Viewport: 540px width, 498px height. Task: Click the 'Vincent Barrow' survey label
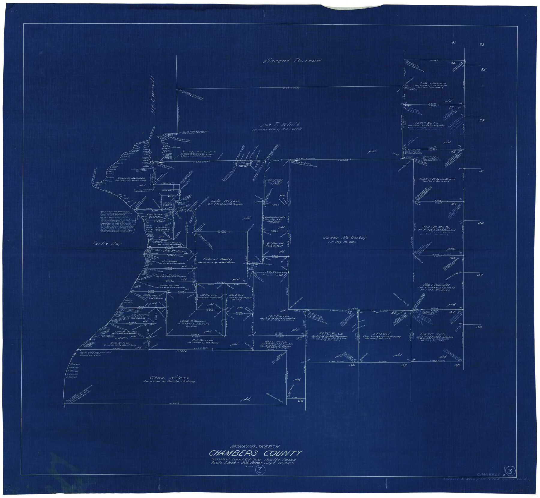click(292, 61)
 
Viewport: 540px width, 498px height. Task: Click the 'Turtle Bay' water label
click(107, 243)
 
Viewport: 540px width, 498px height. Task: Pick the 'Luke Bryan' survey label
click(225, 201)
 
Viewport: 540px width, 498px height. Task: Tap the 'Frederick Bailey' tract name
click(218, 259)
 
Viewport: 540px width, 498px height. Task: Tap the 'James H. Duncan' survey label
click(193, 321)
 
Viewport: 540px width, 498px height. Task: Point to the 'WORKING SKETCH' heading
click(255, 446)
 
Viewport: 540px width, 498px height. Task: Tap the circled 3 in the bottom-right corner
click(510, 472)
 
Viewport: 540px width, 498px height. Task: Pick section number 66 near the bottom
click(301, 401)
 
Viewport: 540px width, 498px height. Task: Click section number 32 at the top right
click(481, 45)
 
